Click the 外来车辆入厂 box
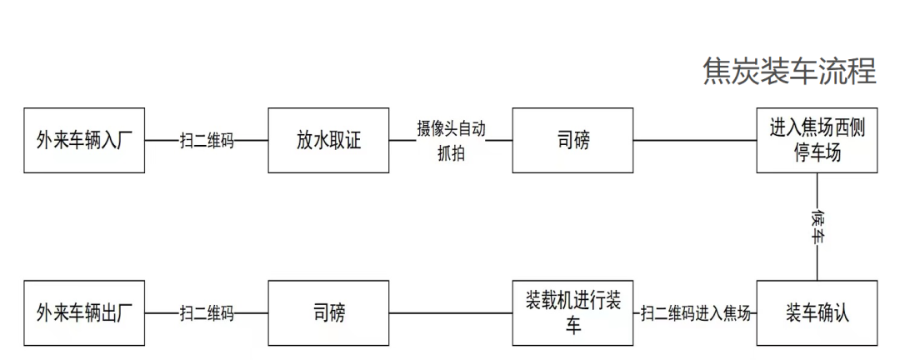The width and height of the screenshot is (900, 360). point(84,140)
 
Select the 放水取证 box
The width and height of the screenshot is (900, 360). point(328,140)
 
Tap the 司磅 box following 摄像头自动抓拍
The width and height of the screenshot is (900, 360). point(572,140)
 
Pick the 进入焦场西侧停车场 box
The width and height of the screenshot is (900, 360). point(817,140)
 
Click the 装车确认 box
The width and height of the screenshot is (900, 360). point(817,313)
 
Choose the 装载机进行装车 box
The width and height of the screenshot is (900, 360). point(572,313)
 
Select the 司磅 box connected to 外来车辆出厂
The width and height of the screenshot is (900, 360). point(328,313)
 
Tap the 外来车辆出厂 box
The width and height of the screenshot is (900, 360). point(84,313)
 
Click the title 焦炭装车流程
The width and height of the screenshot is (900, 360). point(789,72)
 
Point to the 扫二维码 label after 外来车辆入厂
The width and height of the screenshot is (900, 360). point(207,141)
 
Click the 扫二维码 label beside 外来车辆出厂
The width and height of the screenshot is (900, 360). point(207,314)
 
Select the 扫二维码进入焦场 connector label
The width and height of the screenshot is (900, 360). point(696,314)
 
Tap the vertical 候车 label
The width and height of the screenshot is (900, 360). point(817,226)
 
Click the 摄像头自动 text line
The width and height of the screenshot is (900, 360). point(451,129)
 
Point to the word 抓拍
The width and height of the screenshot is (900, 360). point(451,153)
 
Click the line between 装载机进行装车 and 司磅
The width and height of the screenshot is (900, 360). point(450,313)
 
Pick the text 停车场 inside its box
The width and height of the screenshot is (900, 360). point(817,152)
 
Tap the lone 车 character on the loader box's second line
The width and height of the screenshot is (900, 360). point(572,326)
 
